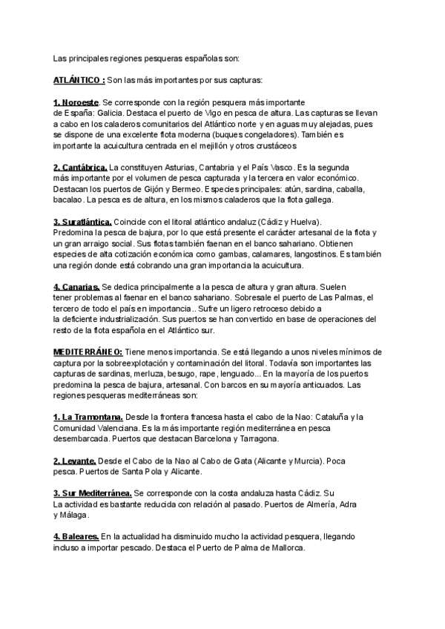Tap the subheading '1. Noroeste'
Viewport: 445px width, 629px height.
[76, 102]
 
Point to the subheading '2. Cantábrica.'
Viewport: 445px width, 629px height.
[80, 168]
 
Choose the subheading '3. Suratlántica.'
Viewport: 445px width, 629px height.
[82, 223]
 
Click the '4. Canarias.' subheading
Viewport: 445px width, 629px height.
[76, 286]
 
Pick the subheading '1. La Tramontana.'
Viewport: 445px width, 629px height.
[88, 417]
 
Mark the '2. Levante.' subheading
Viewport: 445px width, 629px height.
[75, 461]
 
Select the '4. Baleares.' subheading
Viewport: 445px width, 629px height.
[76, 536]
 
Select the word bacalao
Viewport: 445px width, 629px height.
[68, 200]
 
